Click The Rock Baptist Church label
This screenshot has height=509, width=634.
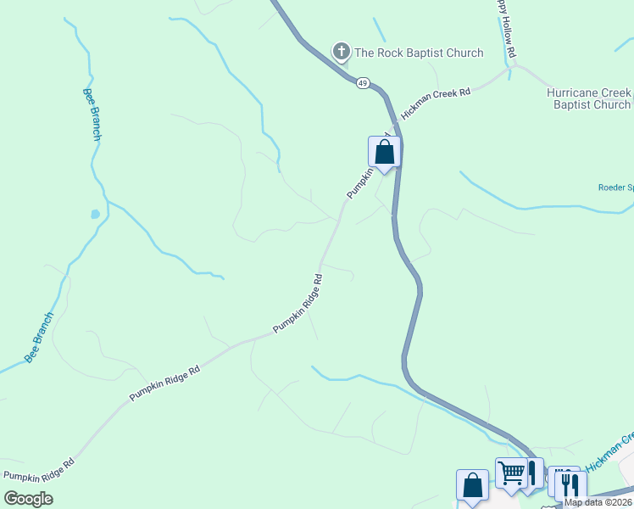click(x=419, y=53)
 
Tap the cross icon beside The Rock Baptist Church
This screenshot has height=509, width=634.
click(x=341, y=53)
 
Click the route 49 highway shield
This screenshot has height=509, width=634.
click(x=363, y=83)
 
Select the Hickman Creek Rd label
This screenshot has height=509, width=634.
click(x=436, y=103)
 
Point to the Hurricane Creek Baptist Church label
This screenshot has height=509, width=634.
click(x=588, y=98)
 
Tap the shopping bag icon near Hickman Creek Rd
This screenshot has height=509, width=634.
click(x=384, y=153)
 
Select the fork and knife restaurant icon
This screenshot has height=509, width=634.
click(x=570, y=484)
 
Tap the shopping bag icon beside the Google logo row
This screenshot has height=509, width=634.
click(x=472, y=485)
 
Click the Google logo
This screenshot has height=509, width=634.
click(x=28, y=499)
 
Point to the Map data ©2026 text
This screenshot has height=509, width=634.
click(x=598, y=502)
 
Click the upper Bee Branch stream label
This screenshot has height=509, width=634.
click(x=93, y=115)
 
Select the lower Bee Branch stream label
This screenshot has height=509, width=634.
click(x=39, y=338)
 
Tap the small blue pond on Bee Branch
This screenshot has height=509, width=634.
click(x=95, y=215)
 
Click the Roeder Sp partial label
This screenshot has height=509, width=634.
click(x=615, y=187)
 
